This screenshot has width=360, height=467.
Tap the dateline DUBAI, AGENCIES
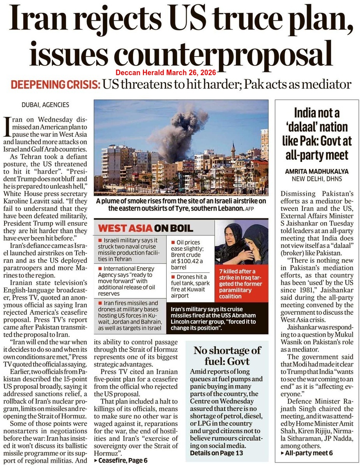coord(45,105)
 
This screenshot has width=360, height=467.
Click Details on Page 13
coord(216,453)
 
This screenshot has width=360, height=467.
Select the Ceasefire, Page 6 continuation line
coord(120,460)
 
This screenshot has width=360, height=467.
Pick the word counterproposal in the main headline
coord(181,53)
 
